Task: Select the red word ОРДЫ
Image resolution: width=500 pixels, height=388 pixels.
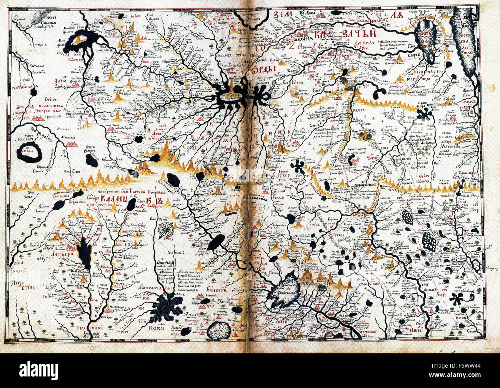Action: click(265, 70)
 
